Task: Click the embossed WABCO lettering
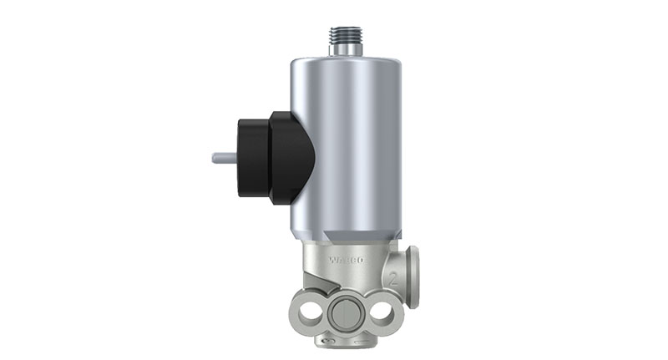(x=346, y=259)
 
